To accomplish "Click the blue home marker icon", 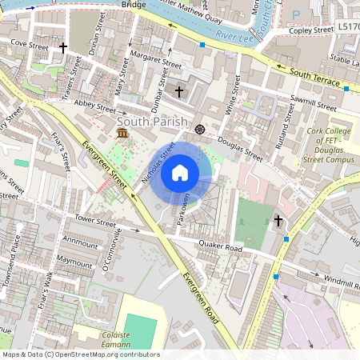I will point(180,173).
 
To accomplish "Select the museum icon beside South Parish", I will point(122,132).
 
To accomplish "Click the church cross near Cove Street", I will point(63,48).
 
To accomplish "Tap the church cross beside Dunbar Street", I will point(179,92).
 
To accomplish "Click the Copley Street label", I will point(311,30).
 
